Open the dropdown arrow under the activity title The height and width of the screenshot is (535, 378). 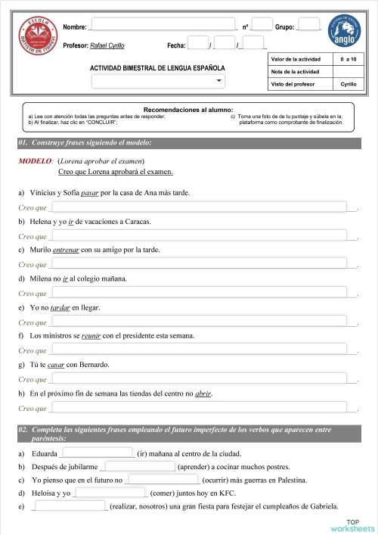point(219,80)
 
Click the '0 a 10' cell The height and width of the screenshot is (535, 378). point(349,58)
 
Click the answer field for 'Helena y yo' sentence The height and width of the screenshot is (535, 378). point(199,235)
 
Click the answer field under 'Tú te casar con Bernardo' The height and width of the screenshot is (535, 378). point(199,379)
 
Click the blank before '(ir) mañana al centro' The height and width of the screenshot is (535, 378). point(97,453)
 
